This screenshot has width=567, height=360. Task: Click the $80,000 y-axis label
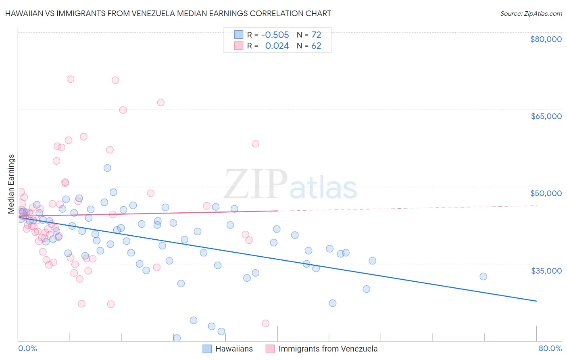pyautogui.click(x=546, y=39)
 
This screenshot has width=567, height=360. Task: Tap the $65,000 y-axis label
pyautogui.click(x=546, y=116)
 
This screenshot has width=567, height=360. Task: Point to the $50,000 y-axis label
pyautogui.click(x=546, y=193)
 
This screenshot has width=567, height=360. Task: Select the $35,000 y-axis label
pyautogui.click(x=546, y=271)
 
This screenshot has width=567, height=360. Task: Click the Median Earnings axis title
pyautogui.click(x=11, y=184)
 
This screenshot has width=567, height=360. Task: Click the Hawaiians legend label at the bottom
pyautogui.click(x=234, y=349)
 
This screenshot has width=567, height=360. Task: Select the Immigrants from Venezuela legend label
pyautogui.click(x=328, y=349)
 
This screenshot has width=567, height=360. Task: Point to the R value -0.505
pyautogui.click(x=275, y=35)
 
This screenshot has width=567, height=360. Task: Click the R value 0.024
pyautogui.click(x=277, y=46)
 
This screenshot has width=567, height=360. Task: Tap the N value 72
pyautogui.click(x=316, y=35)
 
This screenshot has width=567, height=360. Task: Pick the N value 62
pyautogui.click(x=316, y=46)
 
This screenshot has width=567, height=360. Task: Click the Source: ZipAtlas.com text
pyautogui.click(x=531, y=14)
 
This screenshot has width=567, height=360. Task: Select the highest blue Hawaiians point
pyautogui.click(x=107, y=168)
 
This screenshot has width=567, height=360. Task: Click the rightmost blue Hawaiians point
pyautogui.click(x=483, y=276)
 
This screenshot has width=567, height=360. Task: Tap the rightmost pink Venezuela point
pyautogui.click(x=265, y=323)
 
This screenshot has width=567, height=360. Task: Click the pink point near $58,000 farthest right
pyautogui.click(x=255, y=144)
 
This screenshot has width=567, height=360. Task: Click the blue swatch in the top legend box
pyautogui.click(x=239, y=35)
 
